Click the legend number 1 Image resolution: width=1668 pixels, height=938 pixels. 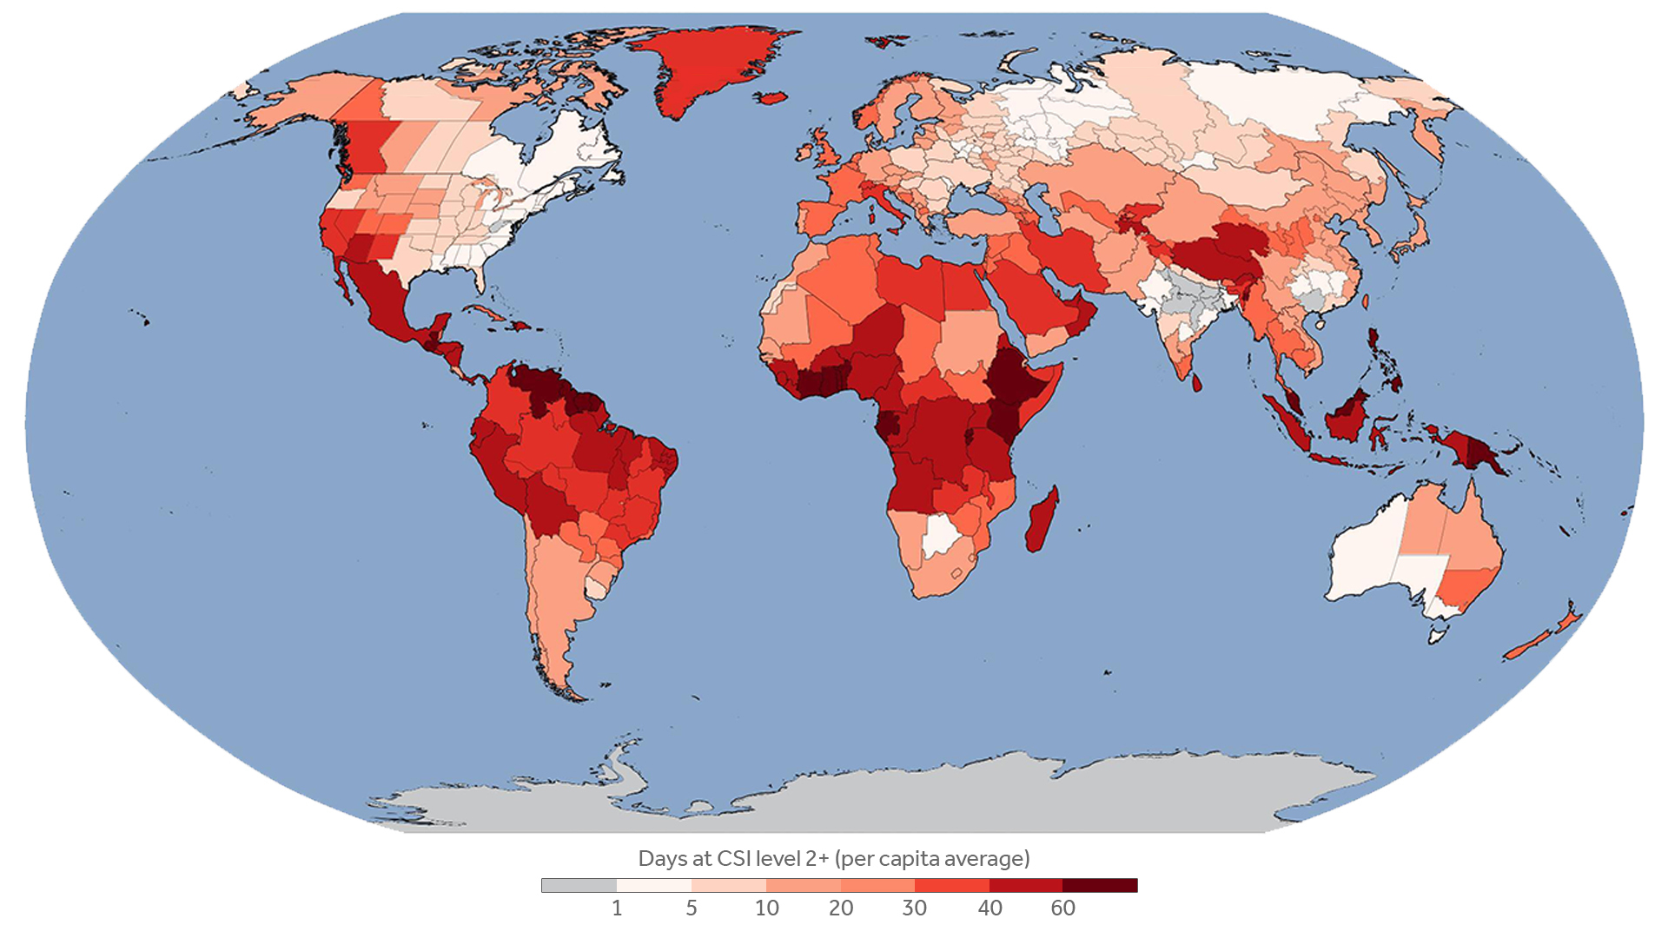[617, 908]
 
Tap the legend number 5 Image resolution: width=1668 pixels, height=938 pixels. [692, 908]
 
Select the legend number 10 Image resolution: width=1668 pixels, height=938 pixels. [766, 908]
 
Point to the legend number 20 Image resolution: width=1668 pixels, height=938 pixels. [841, 908]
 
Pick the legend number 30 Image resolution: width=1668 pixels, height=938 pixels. [914, 908]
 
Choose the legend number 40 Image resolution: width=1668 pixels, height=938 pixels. [990, 908]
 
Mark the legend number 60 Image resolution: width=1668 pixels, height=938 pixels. [1063, 908]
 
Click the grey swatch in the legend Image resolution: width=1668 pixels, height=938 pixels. [579, 885]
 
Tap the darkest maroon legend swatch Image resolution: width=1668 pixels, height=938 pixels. [1100, 885]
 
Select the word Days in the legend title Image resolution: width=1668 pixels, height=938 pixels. [663, 859]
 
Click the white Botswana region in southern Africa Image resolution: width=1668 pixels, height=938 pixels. [941, 534]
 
